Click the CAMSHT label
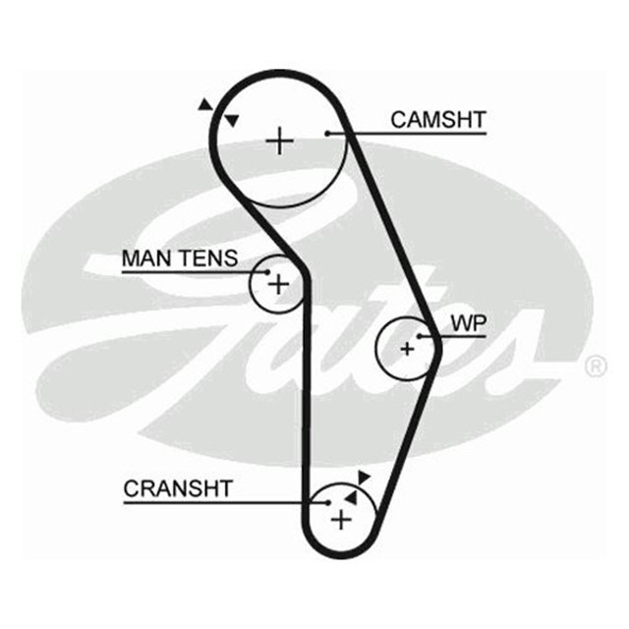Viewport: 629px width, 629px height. [x=437, y=120]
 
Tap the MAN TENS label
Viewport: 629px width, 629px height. [x=179, y=258]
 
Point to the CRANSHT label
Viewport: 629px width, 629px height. [x=178, y=487]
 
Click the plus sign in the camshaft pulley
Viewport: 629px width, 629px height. [x=281, y=142]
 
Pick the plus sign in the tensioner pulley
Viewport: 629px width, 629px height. [x=279, y=285]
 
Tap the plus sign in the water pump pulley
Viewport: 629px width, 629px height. [x=407, y=348]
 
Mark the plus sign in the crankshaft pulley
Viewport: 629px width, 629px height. [x=340, y=519]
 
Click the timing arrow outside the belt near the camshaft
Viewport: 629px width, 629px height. [x=204, y=103]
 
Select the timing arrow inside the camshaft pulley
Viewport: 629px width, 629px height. [x=233, y=120]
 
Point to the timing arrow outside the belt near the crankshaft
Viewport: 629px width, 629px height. [x=364, y=477]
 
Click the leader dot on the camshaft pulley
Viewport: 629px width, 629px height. [x=327, y=133]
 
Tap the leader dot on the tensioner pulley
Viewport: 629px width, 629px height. [x=266, y=272]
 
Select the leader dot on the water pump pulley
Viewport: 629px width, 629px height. [x=420, y=336]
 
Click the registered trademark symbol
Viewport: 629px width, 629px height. [x=596, y=368]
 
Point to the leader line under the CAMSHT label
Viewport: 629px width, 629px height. [x=413, y=133]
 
